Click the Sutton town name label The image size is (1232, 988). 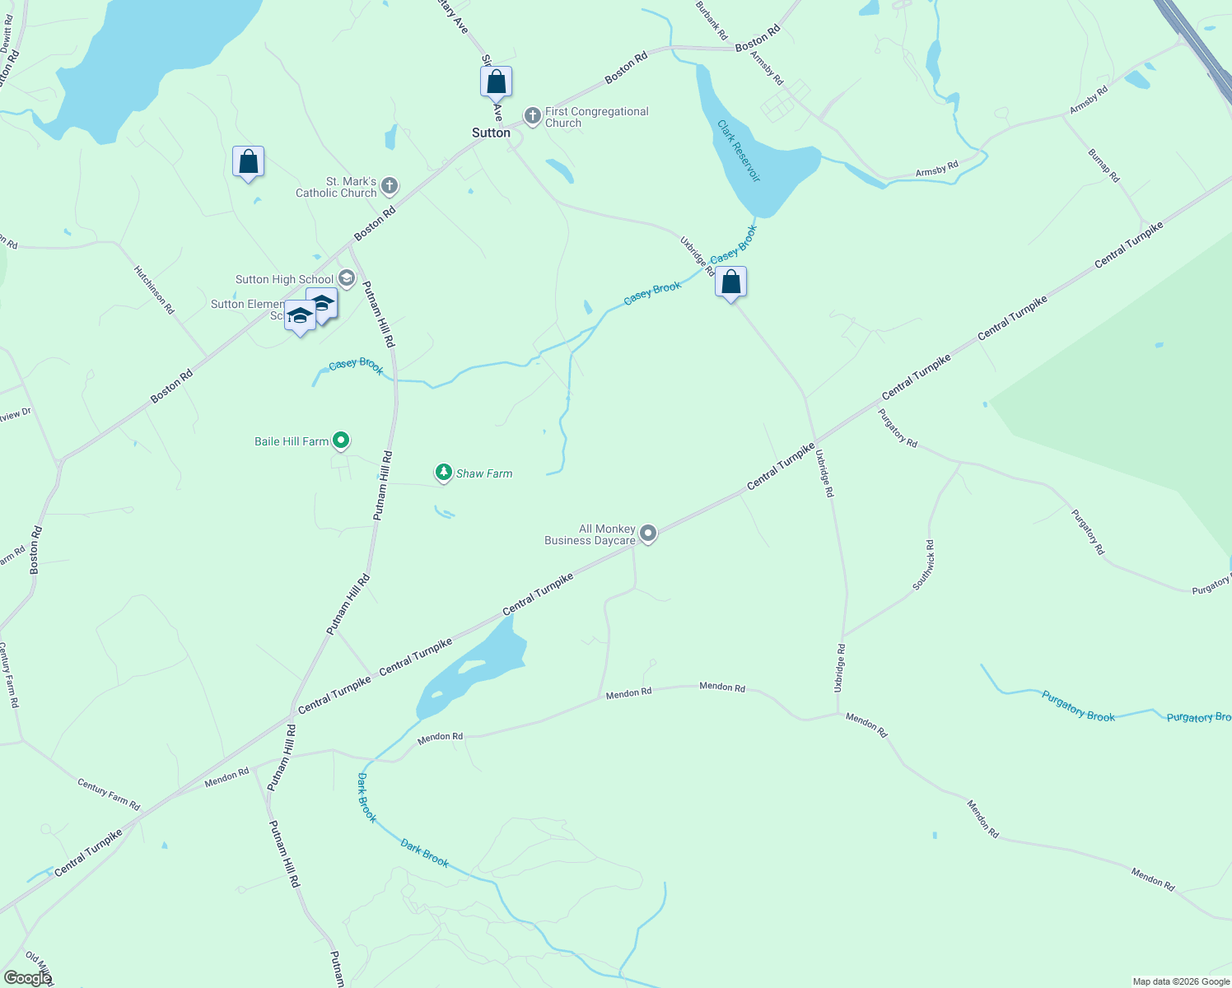coord(491,133)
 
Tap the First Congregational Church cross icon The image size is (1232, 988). coord(533,116)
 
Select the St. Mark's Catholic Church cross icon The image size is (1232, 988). coord(390,186)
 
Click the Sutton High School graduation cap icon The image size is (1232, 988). coord(347,278)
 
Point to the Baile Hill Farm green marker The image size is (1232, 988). coord(341,440)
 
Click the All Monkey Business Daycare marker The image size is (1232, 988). coord(648,534)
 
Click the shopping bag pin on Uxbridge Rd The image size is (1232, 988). coord(730,283)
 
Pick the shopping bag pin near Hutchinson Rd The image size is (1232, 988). coord(248,162)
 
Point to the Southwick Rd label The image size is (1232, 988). coord(923,565)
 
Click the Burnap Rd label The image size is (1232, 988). coord(1104,165)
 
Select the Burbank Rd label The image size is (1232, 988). coord(712,21)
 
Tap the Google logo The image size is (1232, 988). coord(27,978)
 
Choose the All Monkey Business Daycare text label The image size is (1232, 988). coord(590,535)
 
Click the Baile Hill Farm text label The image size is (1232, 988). coord(292,442)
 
